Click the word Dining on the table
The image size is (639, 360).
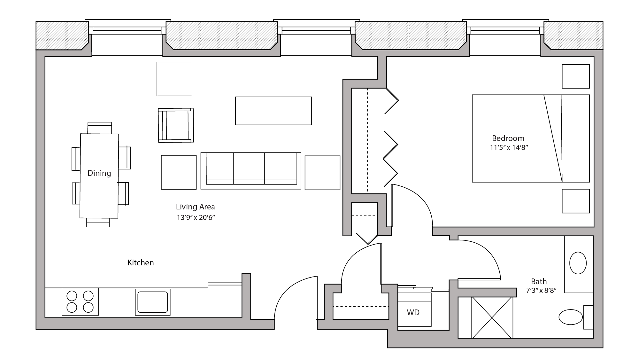99,173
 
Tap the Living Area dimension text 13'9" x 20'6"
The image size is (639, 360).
196,218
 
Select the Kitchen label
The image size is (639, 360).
141,263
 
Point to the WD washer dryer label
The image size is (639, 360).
413,313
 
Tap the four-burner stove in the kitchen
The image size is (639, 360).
80,301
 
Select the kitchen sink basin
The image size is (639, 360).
152,302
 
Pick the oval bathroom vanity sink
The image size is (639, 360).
578,263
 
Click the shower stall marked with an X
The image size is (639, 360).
492,317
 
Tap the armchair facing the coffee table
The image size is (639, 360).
176,125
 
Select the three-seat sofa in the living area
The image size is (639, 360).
251,170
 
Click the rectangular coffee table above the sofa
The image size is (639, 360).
273,111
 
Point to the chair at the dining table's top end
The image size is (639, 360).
99,128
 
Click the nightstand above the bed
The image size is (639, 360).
575,76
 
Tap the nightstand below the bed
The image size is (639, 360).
575,201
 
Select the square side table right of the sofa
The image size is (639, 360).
322,173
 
